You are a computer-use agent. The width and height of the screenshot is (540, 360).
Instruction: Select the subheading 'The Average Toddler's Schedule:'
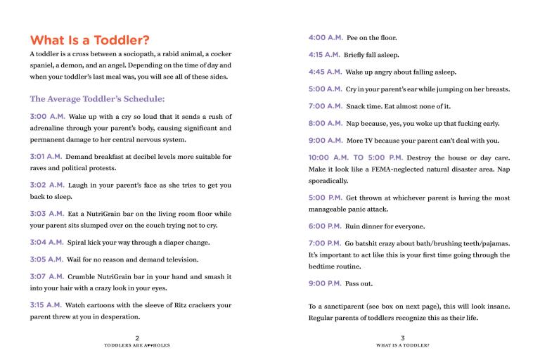click(x=97, y=98)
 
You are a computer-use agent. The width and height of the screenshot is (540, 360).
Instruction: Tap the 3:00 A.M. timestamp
click(x=47, y=116)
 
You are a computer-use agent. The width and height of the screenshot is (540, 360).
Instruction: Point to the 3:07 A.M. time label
click(x=47, y=277)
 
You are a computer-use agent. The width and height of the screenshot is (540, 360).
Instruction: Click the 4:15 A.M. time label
click(x=324, y=54)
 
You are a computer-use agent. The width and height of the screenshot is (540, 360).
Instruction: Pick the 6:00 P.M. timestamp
click(x=325, y=226)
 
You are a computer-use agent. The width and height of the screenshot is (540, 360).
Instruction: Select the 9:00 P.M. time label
click(x=325, y=283)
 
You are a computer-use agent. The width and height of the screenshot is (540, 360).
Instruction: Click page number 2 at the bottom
click(x=137, y=338)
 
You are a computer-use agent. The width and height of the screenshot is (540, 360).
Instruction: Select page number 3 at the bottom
click(x=403, y=338)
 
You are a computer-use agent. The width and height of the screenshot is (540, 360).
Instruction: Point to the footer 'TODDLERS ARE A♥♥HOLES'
click(x=137, y=346)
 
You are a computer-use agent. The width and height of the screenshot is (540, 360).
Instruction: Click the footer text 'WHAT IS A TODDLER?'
click(x=403, y=346)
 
